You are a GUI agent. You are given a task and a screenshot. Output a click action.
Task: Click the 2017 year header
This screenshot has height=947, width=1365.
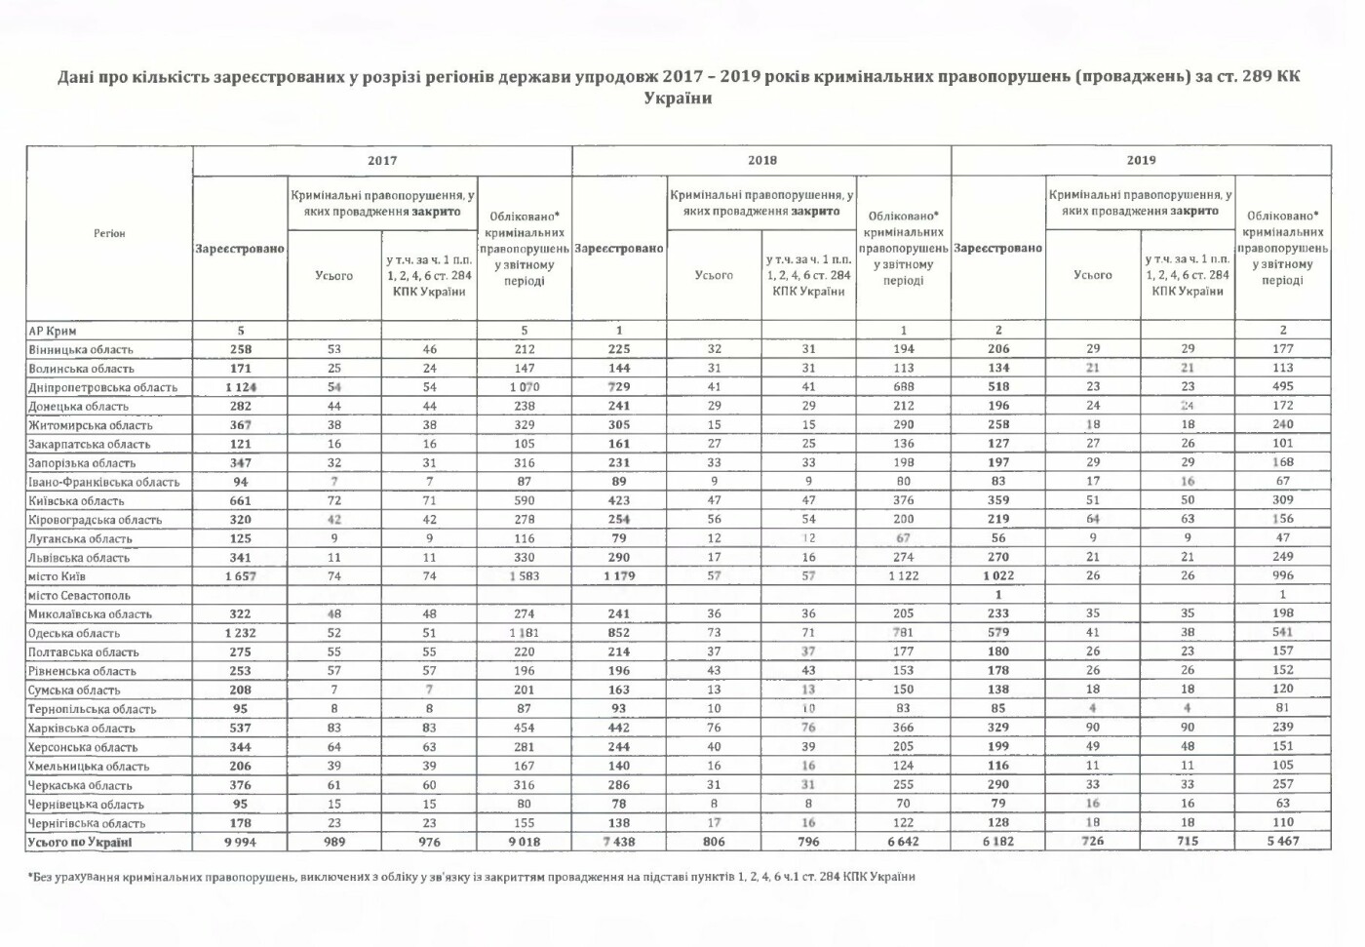pos(382,160)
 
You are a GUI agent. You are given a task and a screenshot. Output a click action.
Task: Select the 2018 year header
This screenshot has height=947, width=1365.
pos(761,160)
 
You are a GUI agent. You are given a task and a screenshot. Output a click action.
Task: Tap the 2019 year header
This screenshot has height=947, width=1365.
pos(1141,160)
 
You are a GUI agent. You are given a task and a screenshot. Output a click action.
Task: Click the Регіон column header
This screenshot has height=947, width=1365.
pos(109,233)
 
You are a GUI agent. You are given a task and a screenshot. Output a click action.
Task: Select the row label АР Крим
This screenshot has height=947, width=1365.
pos(54,331)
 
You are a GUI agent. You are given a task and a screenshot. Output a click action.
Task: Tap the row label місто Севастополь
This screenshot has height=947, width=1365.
pos(79,595)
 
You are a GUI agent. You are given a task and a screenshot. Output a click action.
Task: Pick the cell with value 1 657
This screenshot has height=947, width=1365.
pos(240,576)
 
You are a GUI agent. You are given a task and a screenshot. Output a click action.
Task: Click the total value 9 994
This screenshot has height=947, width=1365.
pos(240,842)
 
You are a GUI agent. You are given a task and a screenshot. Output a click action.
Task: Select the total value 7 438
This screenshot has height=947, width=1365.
pos(619,842)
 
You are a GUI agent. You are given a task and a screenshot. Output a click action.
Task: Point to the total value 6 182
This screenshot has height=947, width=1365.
pos(998,842)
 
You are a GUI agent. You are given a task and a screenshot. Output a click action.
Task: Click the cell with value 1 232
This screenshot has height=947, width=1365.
pos(240,633)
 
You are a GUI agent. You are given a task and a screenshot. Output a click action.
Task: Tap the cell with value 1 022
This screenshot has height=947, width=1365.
pos(998,576)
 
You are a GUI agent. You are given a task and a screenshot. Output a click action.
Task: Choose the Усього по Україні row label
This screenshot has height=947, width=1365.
pos(80,842)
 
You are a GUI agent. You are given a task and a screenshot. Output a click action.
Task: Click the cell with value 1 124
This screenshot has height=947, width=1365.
pos(240,387)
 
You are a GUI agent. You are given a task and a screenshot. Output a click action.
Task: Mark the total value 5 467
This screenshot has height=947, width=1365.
pos(1282,842)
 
